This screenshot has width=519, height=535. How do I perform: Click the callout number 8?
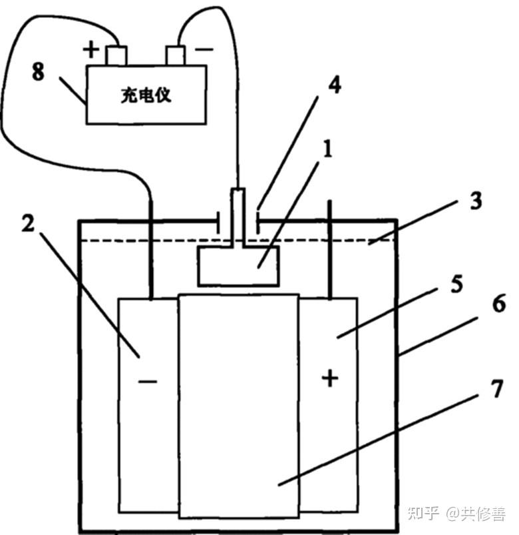tap(38, 72)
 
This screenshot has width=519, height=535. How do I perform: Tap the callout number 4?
tap(335, 84)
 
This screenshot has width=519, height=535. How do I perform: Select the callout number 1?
tap(327, 149)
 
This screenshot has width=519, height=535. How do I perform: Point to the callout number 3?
tap(476, 201)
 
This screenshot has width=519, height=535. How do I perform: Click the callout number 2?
tap(29, 223)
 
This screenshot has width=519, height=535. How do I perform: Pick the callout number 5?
tap(456, 284)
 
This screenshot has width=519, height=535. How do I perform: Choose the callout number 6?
tap(499, 303)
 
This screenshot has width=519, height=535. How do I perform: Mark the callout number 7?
tap(496, 388)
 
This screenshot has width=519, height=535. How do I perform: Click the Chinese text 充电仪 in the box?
tap(146, 95)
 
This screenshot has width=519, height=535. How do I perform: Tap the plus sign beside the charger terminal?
tap(91, 49)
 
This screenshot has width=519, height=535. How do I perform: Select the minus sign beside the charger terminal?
tap(204, 50)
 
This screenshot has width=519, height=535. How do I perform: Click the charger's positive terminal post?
tap(116, 55)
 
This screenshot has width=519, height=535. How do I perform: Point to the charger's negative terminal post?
tap(176, 55)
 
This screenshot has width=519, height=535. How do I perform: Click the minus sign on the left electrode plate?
tap(148, 381)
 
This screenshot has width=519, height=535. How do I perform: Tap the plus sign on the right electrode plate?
tap(330, 378)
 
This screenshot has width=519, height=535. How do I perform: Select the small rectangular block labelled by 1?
tap(239, 265)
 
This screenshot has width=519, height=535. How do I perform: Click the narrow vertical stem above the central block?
tap(238, 217)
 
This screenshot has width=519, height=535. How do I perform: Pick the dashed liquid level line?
tap(239, 241)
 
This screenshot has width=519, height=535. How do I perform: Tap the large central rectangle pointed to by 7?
tap(240, 406)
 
